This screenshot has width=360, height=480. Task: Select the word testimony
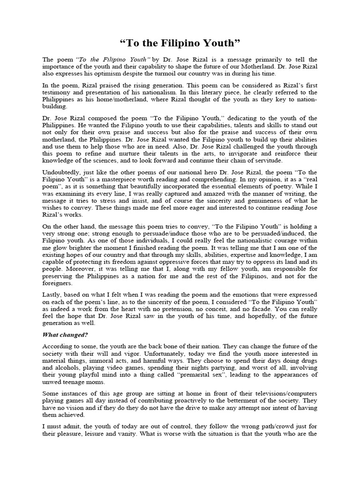click(58, 92)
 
